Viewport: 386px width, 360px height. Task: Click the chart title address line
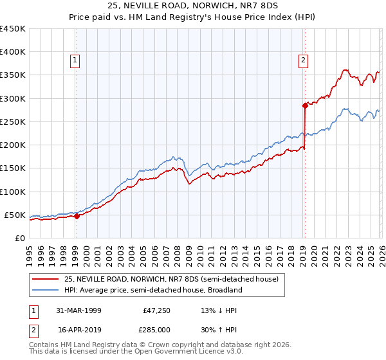tap(192, 6)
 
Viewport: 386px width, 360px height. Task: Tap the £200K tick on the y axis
tap(12, 145)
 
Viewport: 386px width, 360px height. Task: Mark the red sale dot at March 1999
tap(77, 216)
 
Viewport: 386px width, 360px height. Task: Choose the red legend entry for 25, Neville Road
tap(170, 279)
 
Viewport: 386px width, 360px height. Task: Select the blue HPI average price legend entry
tap(152, 290)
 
